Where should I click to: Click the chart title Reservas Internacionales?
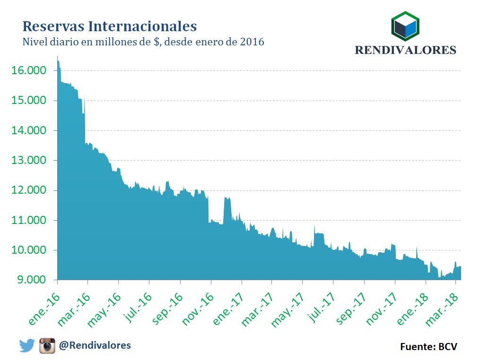(x=110, y=26)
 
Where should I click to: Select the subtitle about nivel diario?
(x=143, y=42)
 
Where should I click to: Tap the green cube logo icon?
(x=405, y=26)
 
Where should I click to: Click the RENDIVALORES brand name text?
(x=405, y=50)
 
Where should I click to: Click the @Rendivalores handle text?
(x=95, y=345)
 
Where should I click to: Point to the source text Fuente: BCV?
(x=428, y=347)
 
